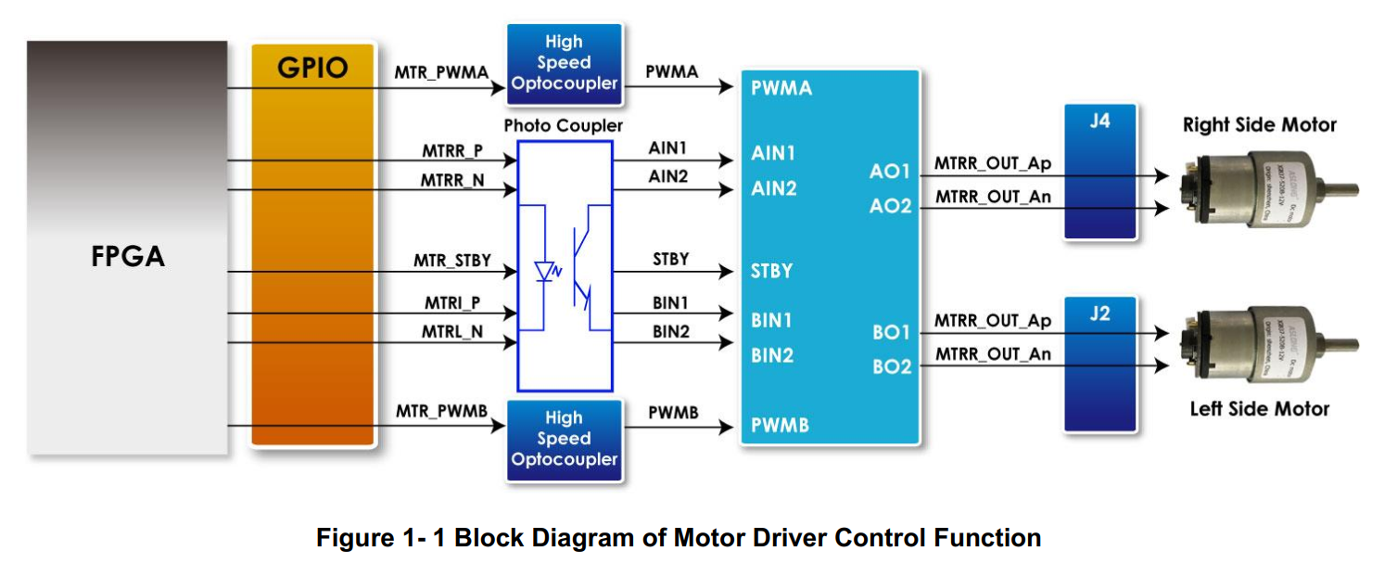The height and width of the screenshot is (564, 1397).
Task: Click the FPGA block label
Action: (128, 256)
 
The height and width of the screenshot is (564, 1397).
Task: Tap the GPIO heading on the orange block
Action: (312, 68)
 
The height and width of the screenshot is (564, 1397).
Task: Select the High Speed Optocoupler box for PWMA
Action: (564, 63)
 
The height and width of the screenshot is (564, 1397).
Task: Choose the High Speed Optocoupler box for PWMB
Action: (564, 439)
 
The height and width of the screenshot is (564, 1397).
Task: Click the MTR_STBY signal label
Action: (452, 261)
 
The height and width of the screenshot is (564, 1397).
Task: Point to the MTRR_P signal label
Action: (452, 149)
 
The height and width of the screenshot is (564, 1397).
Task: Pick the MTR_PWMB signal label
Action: (441, 410)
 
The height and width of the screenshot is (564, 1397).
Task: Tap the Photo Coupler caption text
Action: (564, 125)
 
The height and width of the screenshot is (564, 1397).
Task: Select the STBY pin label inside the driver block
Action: (771, 272)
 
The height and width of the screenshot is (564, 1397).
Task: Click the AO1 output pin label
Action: (890, 172)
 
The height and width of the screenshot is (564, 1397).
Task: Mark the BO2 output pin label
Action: (892, 367)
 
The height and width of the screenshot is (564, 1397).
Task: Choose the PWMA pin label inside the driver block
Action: (781, 88)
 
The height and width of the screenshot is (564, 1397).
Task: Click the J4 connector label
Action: (1099, 121)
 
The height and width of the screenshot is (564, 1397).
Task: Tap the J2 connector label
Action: (1099, 314)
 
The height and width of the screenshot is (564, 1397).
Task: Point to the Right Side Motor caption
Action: (1259, 125)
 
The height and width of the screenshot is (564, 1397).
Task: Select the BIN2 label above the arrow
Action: (670, 332)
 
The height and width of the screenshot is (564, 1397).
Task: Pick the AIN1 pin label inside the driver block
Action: (773, 154)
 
